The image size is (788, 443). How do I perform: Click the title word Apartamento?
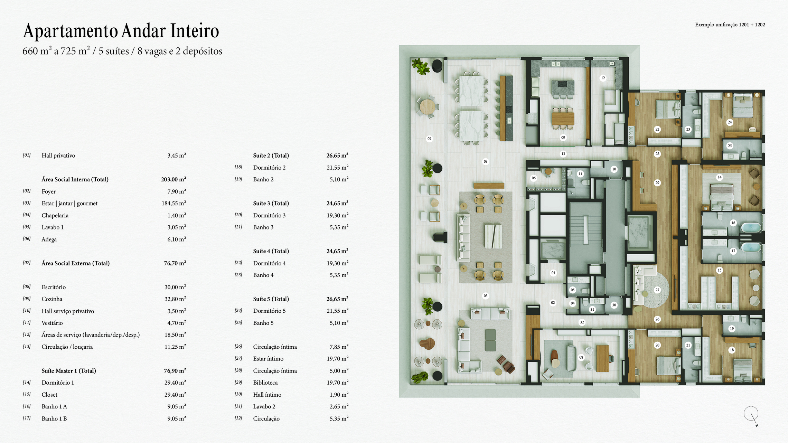coord(71,31)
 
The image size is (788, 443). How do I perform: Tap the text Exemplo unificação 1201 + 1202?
coord(730,25)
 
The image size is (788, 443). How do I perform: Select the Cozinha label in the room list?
coord(52,299)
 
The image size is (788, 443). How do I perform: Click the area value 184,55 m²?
coord(173,203)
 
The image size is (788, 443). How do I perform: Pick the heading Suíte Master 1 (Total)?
coord(69,371)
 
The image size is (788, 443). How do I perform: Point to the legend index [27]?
coord(238,358)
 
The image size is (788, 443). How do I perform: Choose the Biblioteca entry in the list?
coord(265,383)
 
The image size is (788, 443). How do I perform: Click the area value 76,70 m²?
coord(175,263)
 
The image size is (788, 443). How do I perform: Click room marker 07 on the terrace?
coord(429,139)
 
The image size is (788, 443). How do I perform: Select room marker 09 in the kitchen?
coord(563,138)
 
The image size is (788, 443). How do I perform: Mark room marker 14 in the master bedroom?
coord(720,177)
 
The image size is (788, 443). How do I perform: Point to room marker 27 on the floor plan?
coord(657,290)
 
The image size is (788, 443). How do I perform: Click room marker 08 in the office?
coord(581,357)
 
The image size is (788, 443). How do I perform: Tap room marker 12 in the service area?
coord(603,78)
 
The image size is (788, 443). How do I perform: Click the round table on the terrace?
coord(427,106)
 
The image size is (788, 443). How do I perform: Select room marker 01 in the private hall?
coord(553,273)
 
